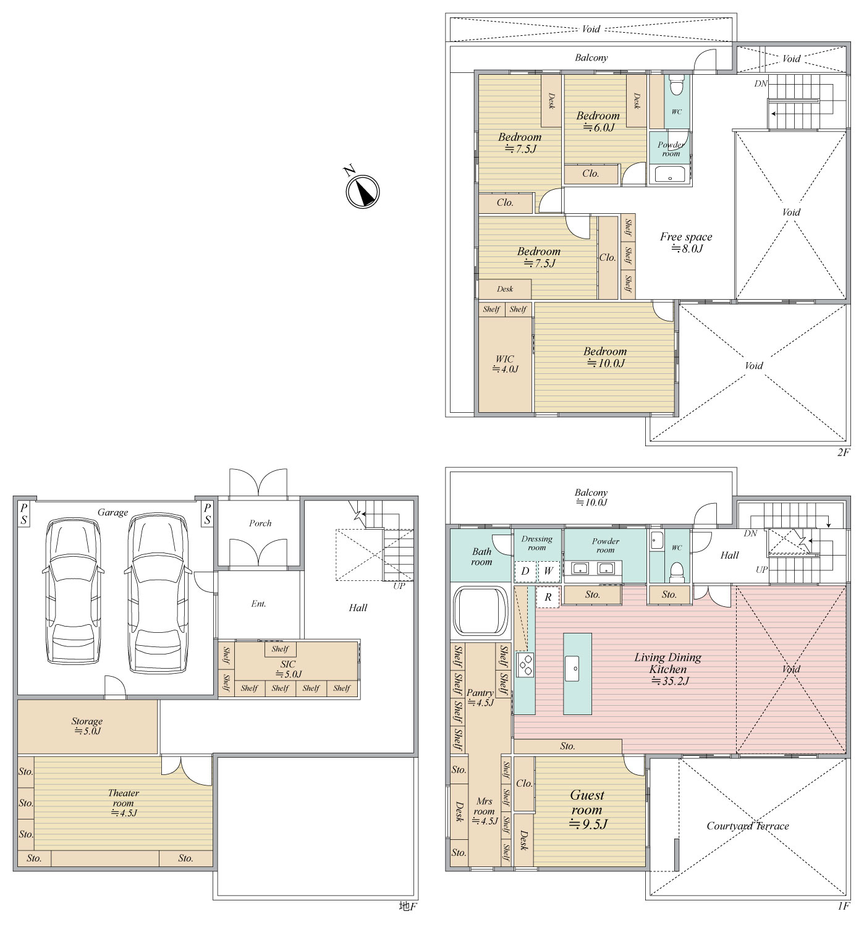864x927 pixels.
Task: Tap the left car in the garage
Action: (x=74, y=590)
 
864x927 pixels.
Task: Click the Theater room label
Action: (x=123, y=802)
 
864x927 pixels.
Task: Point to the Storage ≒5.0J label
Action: (x=87, y=726)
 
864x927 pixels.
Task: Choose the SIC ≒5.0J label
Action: (x=287, y=669)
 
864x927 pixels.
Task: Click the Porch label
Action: (x=260, y=523)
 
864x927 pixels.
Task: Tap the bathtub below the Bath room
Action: (x=480, y=611)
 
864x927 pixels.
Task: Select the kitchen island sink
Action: (x=571, y=669)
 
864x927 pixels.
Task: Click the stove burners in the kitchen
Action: (x=525, y=665)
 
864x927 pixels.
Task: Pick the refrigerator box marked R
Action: (x=548, y=597)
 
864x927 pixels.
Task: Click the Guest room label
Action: (x=587, y=810)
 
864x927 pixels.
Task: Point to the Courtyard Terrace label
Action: (x=747, y=826)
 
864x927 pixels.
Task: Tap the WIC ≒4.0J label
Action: (x=505, y=363)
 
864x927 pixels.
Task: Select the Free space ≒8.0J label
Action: (x=685, y=242)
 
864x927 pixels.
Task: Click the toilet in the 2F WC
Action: (x=676, y=85)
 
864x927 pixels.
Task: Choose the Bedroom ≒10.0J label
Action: (x=605, y=357)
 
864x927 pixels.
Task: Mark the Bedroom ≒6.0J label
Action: (x=598, y=121)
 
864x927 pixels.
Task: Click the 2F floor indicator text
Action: (x=843, y=452)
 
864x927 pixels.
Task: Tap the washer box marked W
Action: (x=548, y=570)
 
